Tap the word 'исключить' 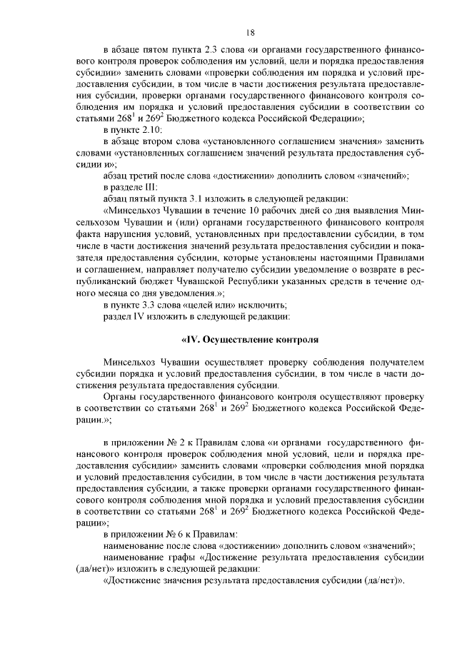point(264,303)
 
